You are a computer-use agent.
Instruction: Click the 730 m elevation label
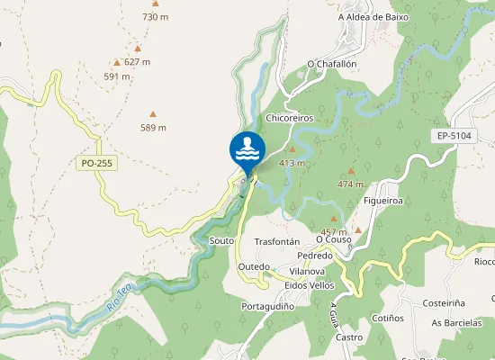(x=156, y=17)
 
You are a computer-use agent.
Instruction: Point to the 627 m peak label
(x=137, y=62)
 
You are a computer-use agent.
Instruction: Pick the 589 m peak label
(x=153, y=128)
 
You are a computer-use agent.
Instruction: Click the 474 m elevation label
(x=349, y=184)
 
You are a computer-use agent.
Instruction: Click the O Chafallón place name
(x=332, y=64)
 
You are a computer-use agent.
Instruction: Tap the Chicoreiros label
(x=289, y=119)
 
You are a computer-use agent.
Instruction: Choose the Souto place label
(x=221, y=241)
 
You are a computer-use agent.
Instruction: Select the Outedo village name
(x=254, y=267)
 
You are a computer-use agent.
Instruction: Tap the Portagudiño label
(x=268, y=306)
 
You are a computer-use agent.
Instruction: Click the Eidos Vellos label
(x=309, y=285)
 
